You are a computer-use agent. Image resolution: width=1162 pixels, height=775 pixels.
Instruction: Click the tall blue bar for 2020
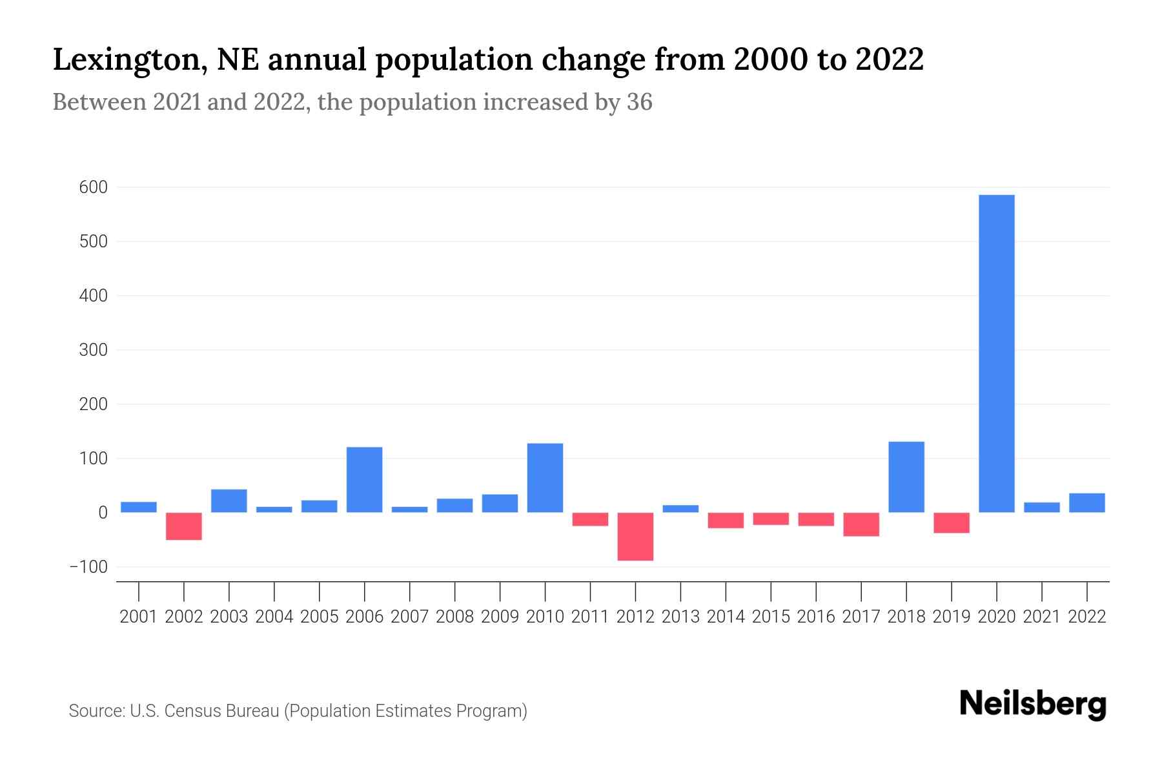(996, 353)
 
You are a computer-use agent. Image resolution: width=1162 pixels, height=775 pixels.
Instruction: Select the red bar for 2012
(635, 536)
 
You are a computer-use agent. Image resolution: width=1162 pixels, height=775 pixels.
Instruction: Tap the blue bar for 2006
(364, 479)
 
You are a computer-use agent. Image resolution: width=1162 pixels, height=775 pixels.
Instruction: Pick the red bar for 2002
(184, 526)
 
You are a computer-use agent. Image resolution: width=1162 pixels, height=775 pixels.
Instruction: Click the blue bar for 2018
(906, 477)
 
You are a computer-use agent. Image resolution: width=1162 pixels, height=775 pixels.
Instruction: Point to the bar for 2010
(545, 477)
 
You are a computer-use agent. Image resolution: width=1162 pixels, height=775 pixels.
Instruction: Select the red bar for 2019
(952, 522)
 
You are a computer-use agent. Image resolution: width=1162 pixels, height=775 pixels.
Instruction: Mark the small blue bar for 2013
(680, 509)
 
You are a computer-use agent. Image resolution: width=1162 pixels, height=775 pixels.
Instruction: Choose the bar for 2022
(1086, 502)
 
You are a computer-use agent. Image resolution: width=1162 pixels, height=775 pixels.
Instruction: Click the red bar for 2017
(861, 524)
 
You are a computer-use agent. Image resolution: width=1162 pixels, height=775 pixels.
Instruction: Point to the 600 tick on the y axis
(94, 187)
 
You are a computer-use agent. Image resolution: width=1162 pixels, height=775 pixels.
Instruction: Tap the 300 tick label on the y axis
(94, 350)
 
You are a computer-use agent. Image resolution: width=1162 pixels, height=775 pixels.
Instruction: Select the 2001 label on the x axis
(139, 617)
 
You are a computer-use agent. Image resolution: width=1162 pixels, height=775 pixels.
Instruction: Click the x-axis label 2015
(771, 617)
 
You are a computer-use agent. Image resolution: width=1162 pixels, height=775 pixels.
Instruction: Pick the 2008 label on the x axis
(454, 617)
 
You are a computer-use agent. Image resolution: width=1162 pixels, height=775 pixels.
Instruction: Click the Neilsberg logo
(1033, 705)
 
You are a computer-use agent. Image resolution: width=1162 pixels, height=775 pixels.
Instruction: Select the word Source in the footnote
(96, 711)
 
